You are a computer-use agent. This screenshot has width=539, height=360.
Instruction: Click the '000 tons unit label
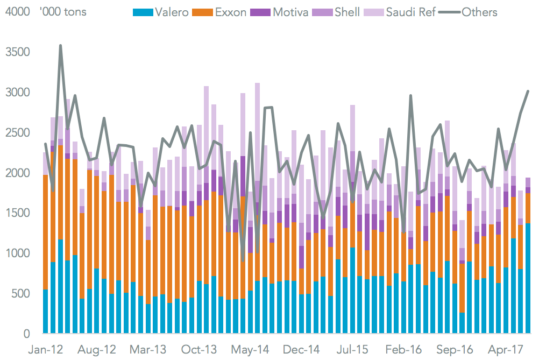click(63, 12)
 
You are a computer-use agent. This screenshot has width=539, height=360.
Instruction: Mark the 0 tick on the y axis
click(26, 334)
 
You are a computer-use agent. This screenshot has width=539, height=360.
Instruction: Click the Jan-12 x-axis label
click(45, 350)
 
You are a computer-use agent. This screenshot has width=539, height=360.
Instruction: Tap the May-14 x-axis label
click(251, 350)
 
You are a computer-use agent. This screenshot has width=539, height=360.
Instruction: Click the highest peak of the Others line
click(60, 46)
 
